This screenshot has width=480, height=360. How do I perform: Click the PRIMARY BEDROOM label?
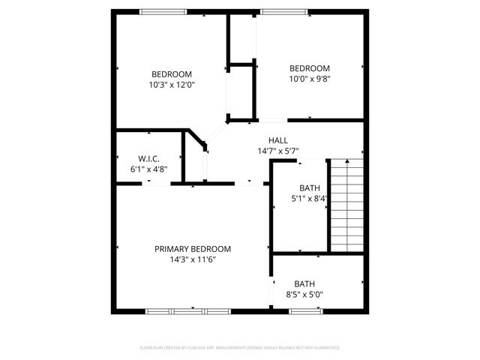[x=193, y=249]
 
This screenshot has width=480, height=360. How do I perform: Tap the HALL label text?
[x=278, y=140]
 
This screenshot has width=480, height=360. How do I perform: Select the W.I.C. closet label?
[x=148, y=158]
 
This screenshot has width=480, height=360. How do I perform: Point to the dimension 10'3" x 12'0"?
[x=172, y=85]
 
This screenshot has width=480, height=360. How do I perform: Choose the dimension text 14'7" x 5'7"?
[x=278, y=151]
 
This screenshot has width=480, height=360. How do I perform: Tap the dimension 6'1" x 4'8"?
[x=148, y=169]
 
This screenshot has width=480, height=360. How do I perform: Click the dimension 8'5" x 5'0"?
[x=304, y=295]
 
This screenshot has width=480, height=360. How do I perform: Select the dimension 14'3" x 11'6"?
[x=193, y=259]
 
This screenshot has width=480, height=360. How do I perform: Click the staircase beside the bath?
[x=346, y=204]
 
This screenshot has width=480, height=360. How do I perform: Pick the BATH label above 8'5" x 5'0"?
[x=304, y=283]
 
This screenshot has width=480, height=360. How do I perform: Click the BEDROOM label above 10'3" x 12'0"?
[x=172, y=73]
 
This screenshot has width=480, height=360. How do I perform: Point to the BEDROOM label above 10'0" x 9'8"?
[x=310, y=67]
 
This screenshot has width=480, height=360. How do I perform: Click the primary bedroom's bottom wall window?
[x=187, y=310]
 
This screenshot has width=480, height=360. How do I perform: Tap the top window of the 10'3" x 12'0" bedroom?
[x=164, y=11]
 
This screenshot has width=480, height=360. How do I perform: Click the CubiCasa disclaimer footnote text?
[x=240, y=348]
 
